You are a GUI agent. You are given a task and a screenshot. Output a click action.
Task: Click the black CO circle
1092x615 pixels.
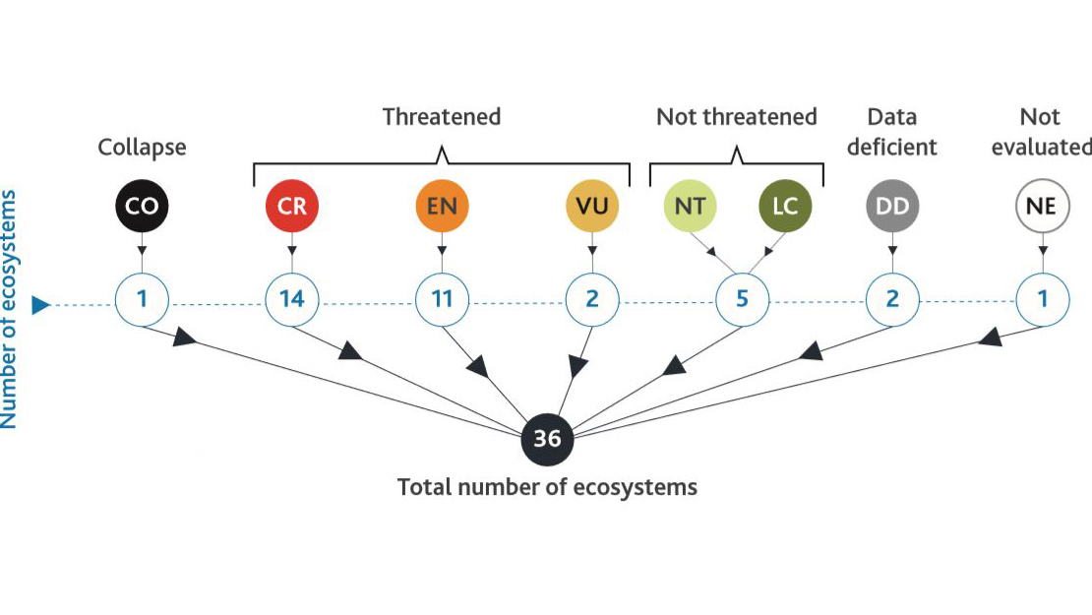(142, 207)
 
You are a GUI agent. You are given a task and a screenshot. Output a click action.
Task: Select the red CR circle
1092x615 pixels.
(292, 207)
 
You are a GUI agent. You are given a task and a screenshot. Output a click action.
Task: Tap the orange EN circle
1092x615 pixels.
(442, 207)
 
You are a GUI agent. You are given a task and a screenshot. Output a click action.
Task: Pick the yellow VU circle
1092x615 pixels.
(592, 207)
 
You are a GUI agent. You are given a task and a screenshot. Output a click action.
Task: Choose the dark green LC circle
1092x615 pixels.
(785, 207)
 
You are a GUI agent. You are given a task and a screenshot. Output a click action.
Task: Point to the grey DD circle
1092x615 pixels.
(892, 207)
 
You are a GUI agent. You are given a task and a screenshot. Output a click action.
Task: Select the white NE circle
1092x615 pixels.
(1042, 207)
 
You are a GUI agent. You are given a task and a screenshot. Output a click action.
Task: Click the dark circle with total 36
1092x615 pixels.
(547, 439)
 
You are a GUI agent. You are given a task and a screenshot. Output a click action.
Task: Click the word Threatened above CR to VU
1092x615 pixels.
(442, 117)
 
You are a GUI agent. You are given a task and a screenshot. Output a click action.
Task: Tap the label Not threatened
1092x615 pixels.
(737, 117)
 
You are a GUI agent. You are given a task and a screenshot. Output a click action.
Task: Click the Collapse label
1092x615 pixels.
(142, 148)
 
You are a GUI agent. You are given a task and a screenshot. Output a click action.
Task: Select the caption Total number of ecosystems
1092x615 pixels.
(547, 487)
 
